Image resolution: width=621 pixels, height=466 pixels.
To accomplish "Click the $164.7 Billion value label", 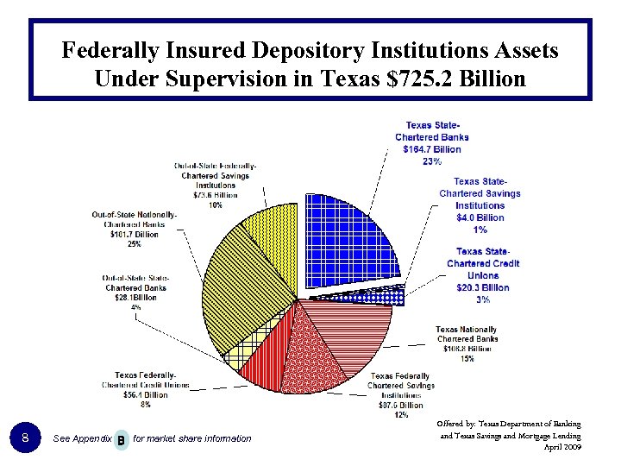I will pyautogui.click(x=432, y=149).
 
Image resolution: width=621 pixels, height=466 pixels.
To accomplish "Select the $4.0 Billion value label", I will pyautogui.click(x=480, y=217).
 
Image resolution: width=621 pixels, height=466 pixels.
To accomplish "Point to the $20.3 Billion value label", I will pyautogui.click(x=483, y=287).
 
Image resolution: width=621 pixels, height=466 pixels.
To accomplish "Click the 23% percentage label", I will pyautogui.click(x=432, y=161).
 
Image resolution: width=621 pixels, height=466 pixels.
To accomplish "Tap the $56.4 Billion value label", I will pyautogui.click(x=144, y=394).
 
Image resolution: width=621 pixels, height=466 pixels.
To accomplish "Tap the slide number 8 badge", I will pyautogui.click(x=27, y=438).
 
